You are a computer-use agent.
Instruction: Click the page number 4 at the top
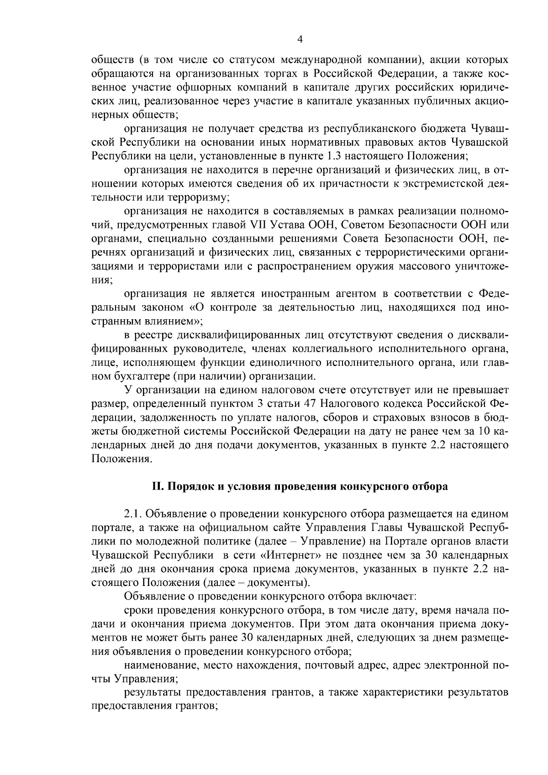(x=300, y=40)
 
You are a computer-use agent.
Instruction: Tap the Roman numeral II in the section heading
(x=157, y=487)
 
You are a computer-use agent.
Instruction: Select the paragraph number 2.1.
(x=132, y=514)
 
